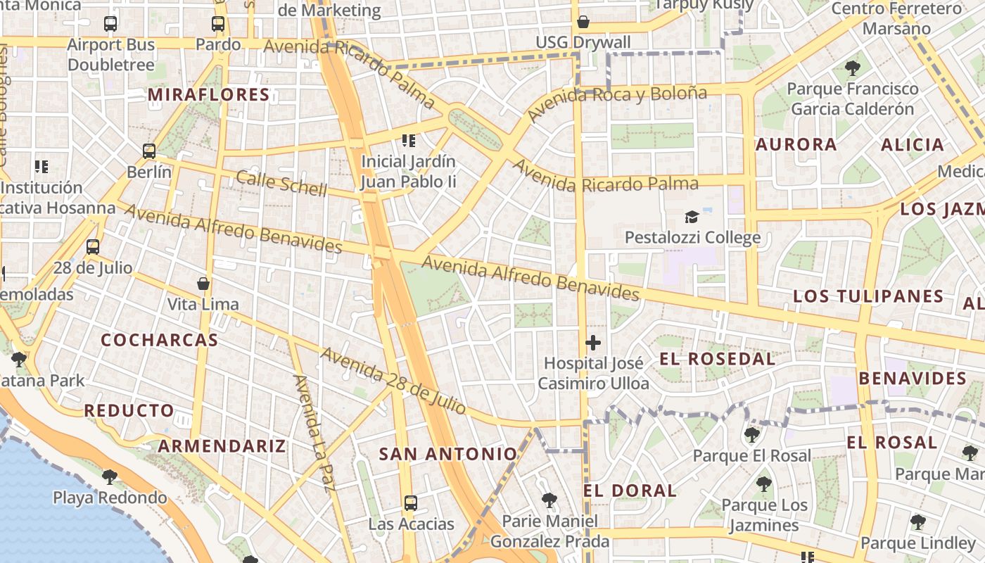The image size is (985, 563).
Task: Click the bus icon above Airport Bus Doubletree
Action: tap(110, 23)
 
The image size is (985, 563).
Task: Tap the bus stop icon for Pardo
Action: tap(218, 23)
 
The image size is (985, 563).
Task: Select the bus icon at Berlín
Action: tap(149, 151)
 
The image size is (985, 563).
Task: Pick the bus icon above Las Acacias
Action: tap(411, 503)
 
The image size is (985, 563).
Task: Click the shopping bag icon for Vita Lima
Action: tap(203, 284)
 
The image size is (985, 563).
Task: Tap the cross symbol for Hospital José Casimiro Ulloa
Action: tap(593, 343)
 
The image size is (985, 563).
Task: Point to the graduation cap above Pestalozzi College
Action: tap(692, 217)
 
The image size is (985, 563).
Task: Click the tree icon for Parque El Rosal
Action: tap(751, 434)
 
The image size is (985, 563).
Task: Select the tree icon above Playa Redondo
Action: tap(109, 477)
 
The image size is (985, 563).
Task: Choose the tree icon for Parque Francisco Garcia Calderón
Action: tap(853, 68)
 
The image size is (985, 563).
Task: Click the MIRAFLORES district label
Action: tap(210, 95)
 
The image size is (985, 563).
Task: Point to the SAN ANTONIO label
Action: tap(448, 454)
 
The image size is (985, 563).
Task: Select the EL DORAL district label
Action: tap(630, 491)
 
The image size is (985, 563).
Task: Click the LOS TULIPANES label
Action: tap(868, 296)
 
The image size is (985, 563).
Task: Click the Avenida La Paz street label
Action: tap(314, 431)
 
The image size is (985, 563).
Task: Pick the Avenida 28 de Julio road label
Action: tap(393, 380)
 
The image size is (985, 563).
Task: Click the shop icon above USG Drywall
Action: tap(583, 22)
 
